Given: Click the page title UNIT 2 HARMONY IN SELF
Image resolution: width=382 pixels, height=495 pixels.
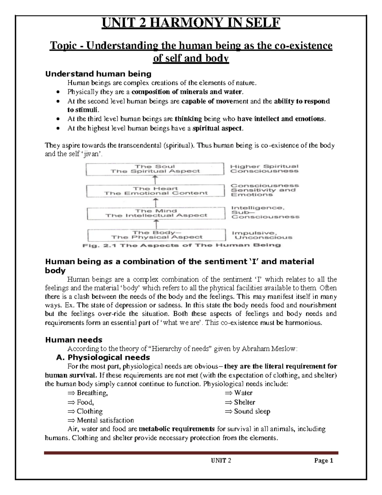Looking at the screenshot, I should coord(191,23).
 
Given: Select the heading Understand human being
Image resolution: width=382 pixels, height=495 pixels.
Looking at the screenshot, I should coord(98,74).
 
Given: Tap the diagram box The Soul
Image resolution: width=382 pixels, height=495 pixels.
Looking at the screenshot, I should coord(155,169).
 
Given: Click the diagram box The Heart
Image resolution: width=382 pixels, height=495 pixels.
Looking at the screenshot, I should coord(156,191).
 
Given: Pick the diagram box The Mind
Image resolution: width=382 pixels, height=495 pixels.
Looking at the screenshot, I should coord(156,213).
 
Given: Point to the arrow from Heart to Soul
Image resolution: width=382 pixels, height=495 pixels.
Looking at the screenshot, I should coord(155,180).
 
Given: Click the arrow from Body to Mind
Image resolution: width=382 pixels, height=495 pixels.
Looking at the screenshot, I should coord(156,224).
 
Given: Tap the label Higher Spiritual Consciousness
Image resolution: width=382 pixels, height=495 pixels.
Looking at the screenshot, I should coord(264,169).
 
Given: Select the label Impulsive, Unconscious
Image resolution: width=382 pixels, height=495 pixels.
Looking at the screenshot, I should coord(262,235).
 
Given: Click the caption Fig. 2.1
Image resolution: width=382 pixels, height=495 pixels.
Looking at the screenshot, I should coord(181,245).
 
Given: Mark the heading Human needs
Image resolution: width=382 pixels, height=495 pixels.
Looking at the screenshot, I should coord(74,339).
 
